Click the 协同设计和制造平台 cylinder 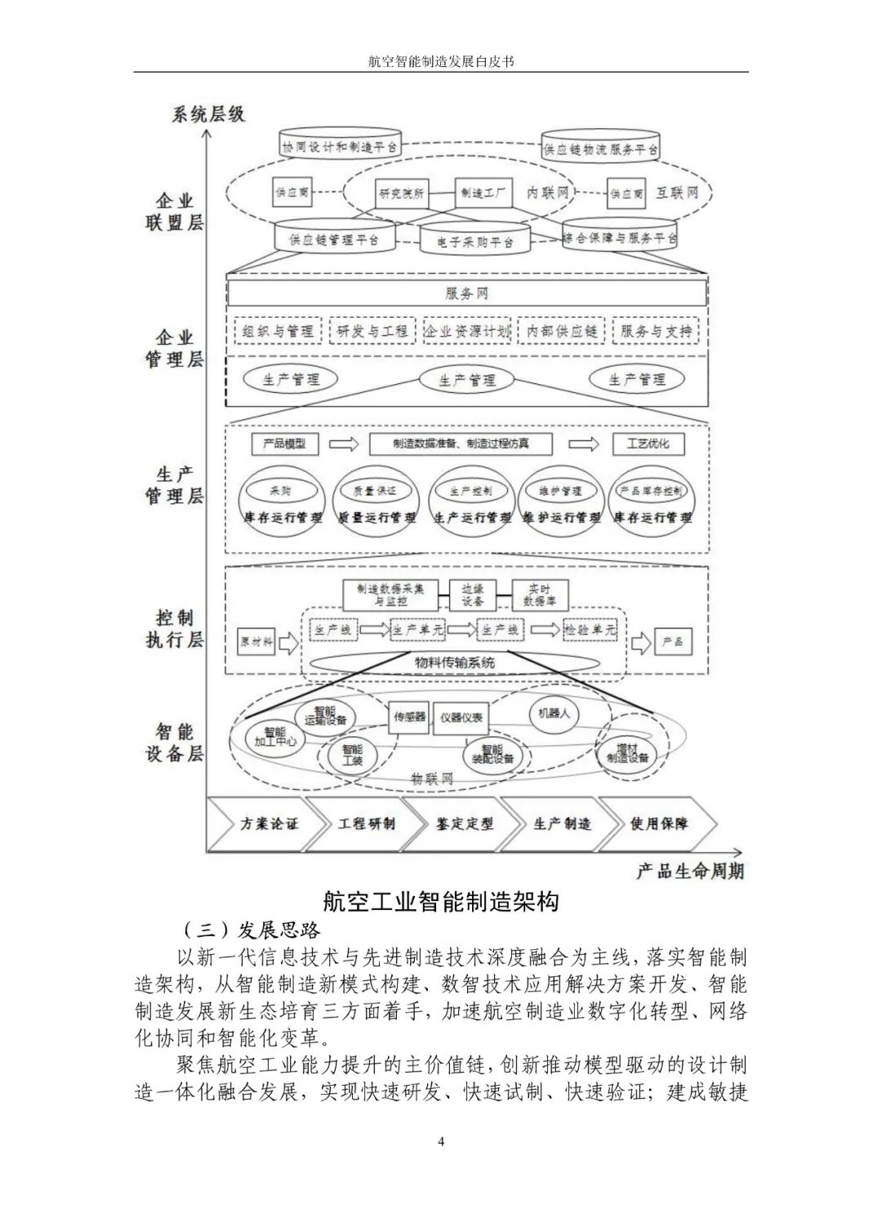point(339,146)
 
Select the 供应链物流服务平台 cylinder point(600,148)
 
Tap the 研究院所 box point(401,194)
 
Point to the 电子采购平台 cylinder point(474,241)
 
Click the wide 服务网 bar point(466,293)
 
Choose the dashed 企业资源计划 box point(466,331)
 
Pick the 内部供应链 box point(562,331)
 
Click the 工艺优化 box point(648,444)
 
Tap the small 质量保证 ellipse point(374,491)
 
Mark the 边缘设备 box point(473,595)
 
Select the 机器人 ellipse point(553,713)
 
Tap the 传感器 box point(409,717)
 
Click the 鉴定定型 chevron point(464,823)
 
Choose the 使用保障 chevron point(658,823)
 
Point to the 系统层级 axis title point(208,114)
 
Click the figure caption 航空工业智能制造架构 point(441,901)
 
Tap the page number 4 point(441,1141)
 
